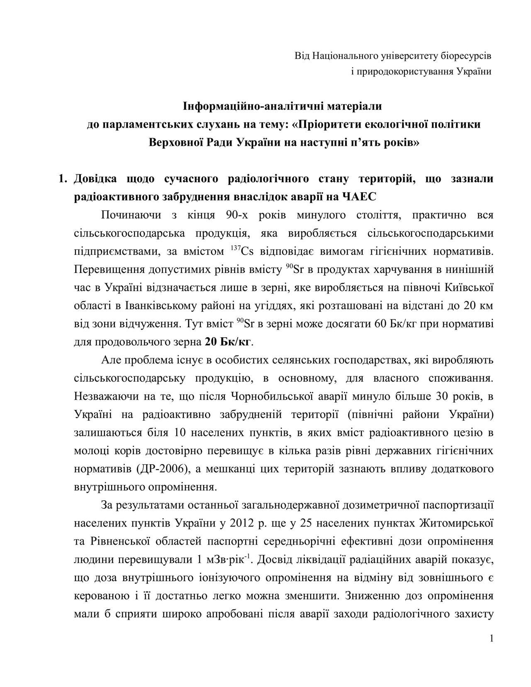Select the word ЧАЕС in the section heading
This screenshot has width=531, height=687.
(x=359, y=197)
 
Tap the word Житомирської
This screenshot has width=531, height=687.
(x=456, y=523)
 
